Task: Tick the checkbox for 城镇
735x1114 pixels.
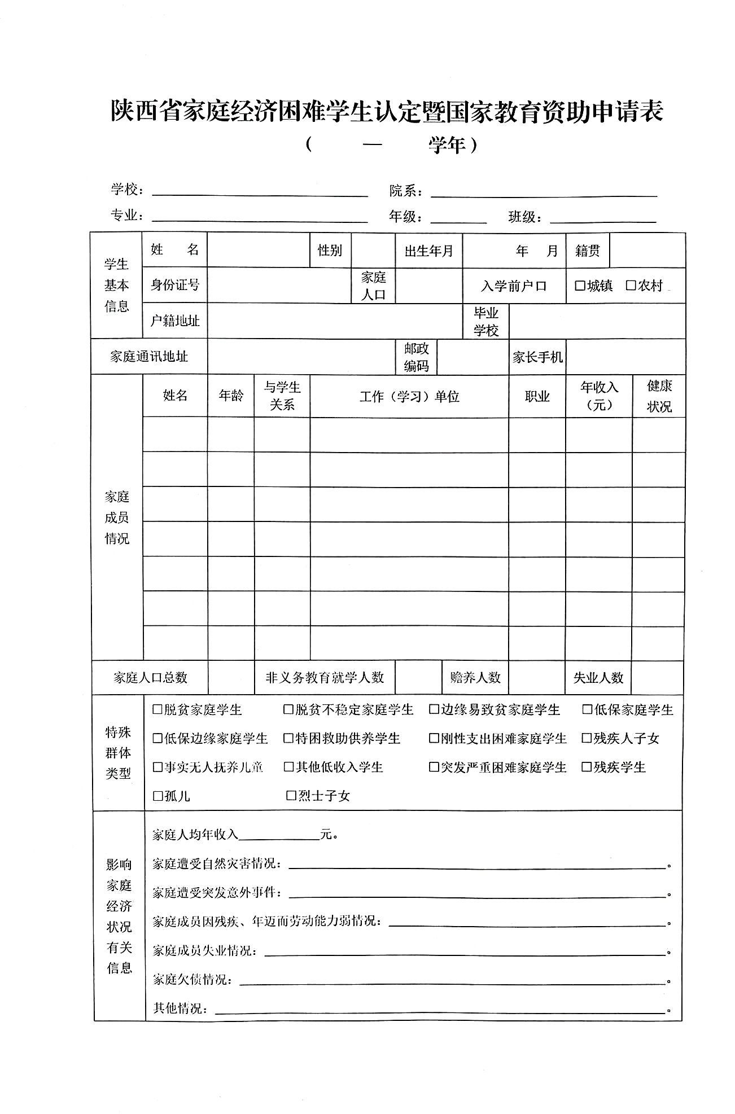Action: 580,286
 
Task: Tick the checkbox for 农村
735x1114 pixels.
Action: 631,286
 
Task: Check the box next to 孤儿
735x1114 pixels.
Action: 158,796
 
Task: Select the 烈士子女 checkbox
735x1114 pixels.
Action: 291,796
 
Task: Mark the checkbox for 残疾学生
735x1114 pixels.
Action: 587,767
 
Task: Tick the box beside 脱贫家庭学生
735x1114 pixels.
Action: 158,709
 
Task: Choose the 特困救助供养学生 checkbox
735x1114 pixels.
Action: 288,738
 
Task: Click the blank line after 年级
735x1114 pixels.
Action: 458,217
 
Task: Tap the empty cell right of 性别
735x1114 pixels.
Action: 373,250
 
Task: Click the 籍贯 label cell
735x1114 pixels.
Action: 588,251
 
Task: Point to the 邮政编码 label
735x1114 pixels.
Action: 416,357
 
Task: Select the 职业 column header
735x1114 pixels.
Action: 537,397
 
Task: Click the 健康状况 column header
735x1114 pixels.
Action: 659,396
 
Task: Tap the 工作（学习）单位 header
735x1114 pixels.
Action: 409,397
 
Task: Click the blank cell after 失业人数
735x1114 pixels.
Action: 658,677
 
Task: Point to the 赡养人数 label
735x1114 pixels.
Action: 475,677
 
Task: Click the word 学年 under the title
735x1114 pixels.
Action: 447,146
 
